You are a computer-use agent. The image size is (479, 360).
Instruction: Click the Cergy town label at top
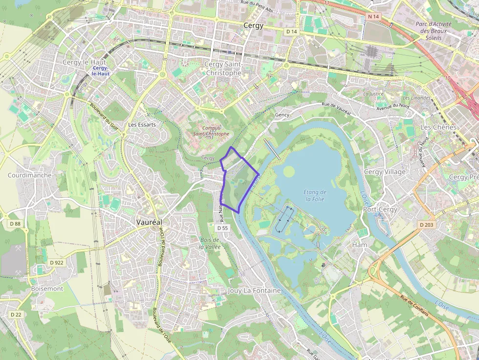pos(253,25)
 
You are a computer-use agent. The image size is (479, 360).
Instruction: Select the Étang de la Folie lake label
pos(315,195)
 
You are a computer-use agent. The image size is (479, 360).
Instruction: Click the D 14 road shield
pos(291,31)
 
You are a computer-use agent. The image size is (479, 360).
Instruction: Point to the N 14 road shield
pos(373,17)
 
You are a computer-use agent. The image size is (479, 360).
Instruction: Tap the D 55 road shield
pos(222,228)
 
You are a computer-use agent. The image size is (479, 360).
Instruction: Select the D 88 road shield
pos(15,224)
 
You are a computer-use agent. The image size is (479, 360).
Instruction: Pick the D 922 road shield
pos(57,262)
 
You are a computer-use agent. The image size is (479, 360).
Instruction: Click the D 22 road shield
pos(16,315)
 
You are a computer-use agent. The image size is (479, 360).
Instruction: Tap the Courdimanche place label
pos(29,175)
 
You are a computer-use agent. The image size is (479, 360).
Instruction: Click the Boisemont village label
pos(47,289)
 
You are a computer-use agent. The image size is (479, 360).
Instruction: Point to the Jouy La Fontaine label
pos(254,290)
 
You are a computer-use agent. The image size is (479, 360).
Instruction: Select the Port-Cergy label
pos(380,209)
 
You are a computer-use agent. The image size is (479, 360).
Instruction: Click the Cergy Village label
pos(385,171)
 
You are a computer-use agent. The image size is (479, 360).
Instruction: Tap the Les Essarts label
pos(142,125)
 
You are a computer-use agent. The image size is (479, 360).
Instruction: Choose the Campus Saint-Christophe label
pos(211,131)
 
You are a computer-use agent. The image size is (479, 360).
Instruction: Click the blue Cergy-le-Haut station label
pos(101,71)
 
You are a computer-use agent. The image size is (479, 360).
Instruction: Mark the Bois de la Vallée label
pos(210,243)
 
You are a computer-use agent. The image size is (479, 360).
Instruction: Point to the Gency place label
pos(282,115)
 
